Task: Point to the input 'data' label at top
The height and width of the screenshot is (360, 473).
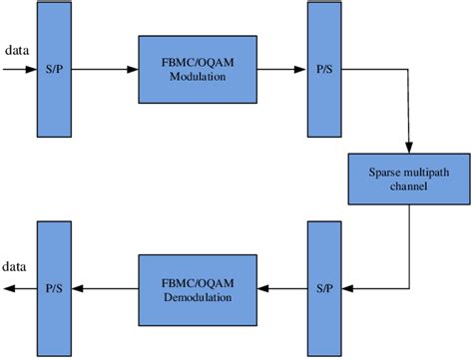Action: click(16, 49)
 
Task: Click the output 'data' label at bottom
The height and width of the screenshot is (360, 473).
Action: click(15, 268)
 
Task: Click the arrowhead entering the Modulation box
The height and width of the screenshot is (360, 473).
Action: click(133, 70)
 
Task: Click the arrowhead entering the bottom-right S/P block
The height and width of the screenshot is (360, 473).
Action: click(347, 288)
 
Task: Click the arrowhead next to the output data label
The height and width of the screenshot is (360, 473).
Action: click(7, 288)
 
